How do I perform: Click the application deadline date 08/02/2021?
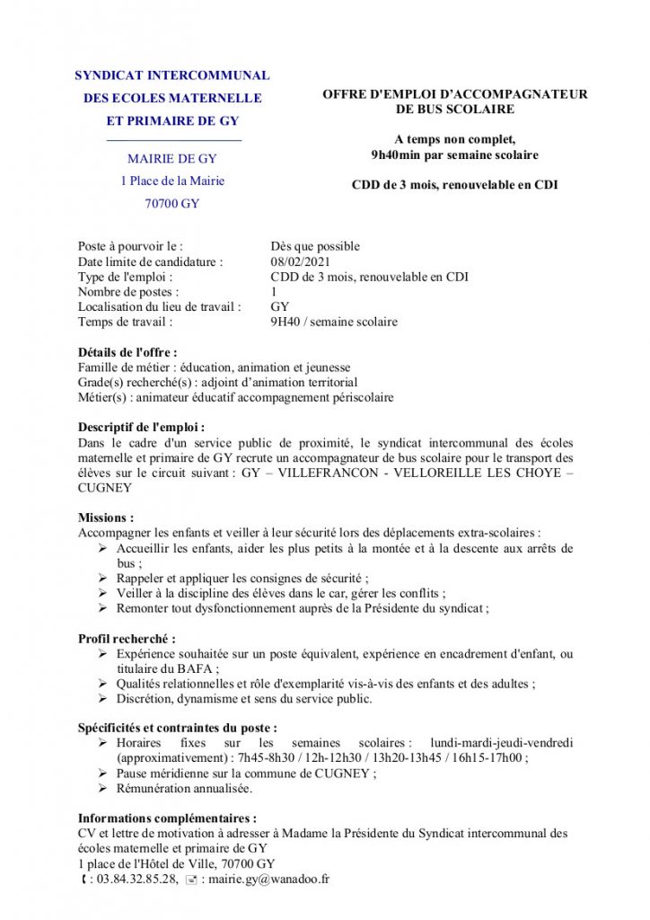pos(300,261)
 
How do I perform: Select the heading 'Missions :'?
pos(106,517)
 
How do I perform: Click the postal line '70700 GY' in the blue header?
pos(172,204)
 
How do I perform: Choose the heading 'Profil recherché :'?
pos(127,639)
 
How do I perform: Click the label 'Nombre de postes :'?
pos(128,292)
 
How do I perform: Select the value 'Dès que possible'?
pos(315,246)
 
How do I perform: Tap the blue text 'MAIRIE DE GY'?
pos(172,159)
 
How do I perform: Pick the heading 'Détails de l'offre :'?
pos(127,352)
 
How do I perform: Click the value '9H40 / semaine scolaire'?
pos(334,322)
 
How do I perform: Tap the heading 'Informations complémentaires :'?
pos(167,818)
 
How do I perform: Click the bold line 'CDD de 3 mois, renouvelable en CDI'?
pos(454,185)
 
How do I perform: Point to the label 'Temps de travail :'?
pos(125,322)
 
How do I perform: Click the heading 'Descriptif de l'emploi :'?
pos(141,428)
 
